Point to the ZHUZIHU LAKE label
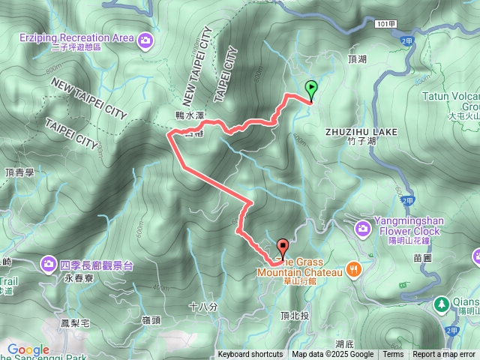361,131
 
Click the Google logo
28,350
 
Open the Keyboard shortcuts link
250,355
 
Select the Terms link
393,355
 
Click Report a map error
444,355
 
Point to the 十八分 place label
203,306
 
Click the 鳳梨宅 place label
75,323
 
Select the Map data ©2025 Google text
332,355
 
